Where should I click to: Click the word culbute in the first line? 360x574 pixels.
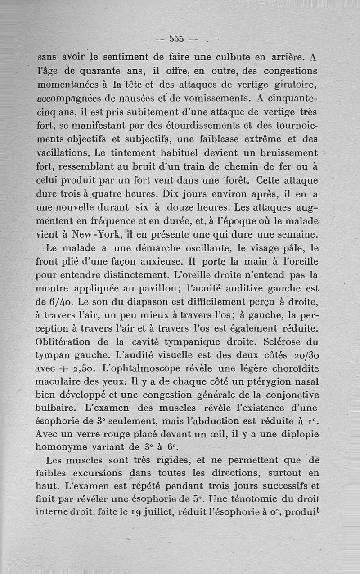point(251,58)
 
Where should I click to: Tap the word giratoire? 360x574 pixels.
point(297,85)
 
